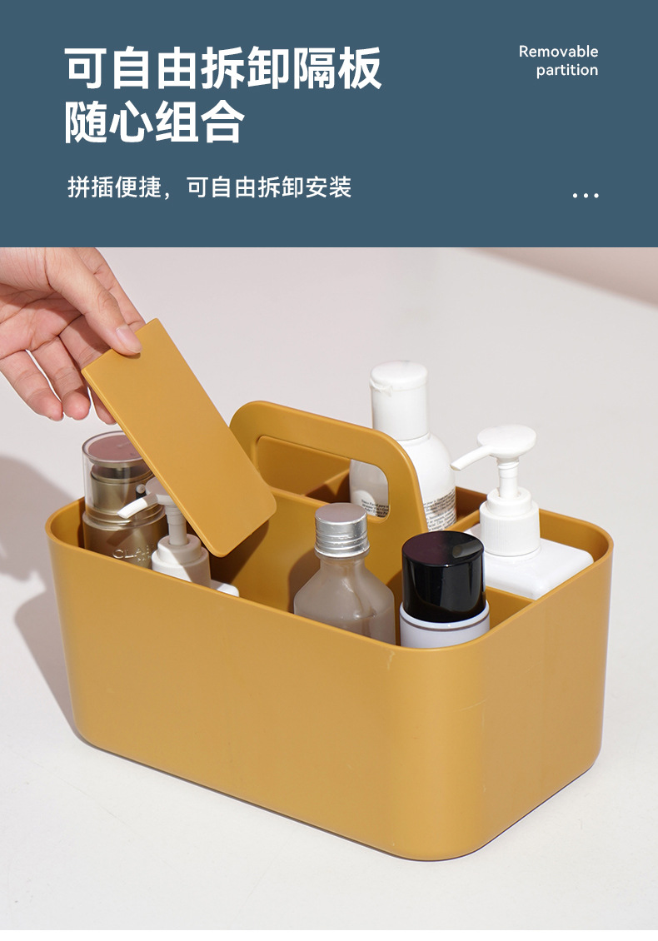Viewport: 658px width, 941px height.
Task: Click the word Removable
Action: tap(558, 52)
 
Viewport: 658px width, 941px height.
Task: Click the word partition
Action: tap(566, 71)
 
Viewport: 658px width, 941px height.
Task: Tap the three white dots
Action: tap(586, 195)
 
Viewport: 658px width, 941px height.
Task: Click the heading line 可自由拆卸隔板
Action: tap(223, 68)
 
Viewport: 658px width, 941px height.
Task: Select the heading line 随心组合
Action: tap(155, 122)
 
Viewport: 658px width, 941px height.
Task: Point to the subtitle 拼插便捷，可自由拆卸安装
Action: tap(210, 187)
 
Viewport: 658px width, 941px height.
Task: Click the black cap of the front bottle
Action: tap(442, 570)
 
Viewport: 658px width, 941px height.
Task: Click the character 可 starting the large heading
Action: tap(88, 68)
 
